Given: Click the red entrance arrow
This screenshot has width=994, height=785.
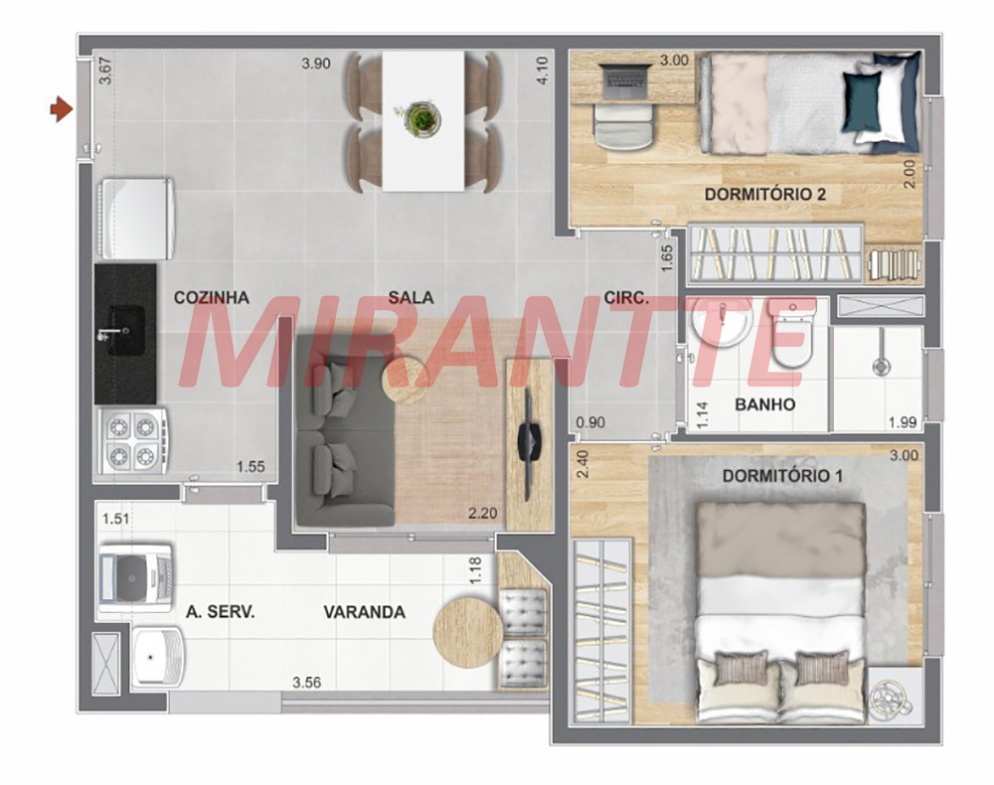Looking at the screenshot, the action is [x=62, y=108].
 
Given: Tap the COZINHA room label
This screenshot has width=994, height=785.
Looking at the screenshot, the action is [x=211, y=297].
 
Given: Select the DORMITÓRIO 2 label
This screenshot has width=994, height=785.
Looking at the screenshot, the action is [x=765, y=194].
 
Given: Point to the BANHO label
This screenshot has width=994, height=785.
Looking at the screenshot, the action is [x=764, y=404].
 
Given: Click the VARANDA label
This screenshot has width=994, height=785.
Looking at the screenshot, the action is [x=365, y=612].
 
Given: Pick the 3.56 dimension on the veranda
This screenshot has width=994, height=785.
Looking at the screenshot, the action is [x=306, y=683].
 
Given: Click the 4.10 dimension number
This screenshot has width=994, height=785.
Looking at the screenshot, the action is [x=542, y=71].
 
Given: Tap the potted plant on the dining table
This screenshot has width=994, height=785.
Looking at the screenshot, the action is [x=421, y=118].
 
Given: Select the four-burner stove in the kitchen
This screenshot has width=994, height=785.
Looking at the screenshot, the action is [x=132, y=440].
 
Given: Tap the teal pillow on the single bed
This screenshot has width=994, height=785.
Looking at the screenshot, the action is [x=862, y=101].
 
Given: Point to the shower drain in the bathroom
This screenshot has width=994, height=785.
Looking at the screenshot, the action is [x=881, y=366].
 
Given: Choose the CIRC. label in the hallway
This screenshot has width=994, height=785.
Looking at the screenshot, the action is [x=626, y=297].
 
